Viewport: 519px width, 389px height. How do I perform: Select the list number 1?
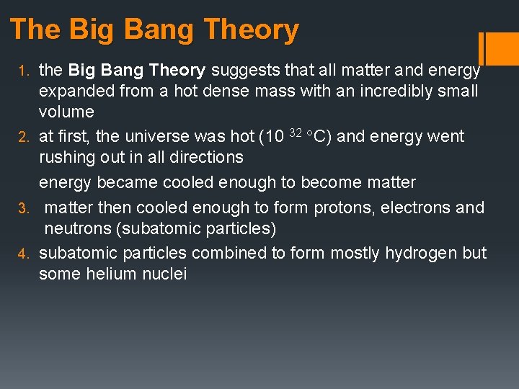point(22,71)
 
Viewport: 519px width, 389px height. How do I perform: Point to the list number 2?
point(22,137)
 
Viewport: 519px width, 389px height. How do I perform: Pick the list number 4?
point(22,254)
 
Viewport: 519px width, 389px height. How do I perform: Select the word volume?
point(66,112)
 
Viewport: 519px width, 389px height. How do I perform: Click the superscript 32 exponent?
point(295,132)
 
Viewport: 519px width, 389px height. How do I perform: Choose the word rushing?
point(69,157)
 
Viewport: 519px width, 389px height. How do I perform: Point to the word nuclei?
point(166,274)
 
